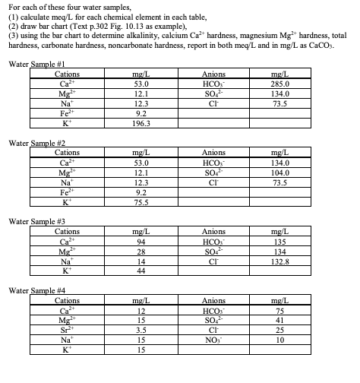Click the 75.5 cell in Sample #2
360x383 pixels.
pyautogui.click(x=140, y=202)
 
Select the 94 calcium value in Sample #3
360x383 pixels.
pyautogui.click(x=140, y=242)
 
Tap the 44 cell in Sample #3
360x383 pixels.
pyautogui.click(x=140, y=271)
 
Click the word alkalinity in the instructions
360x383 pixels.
pyautogui.click(x=191, y=36)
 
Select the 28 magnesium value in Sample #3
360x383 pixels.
pyautogui.click(x=140, y=252)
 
